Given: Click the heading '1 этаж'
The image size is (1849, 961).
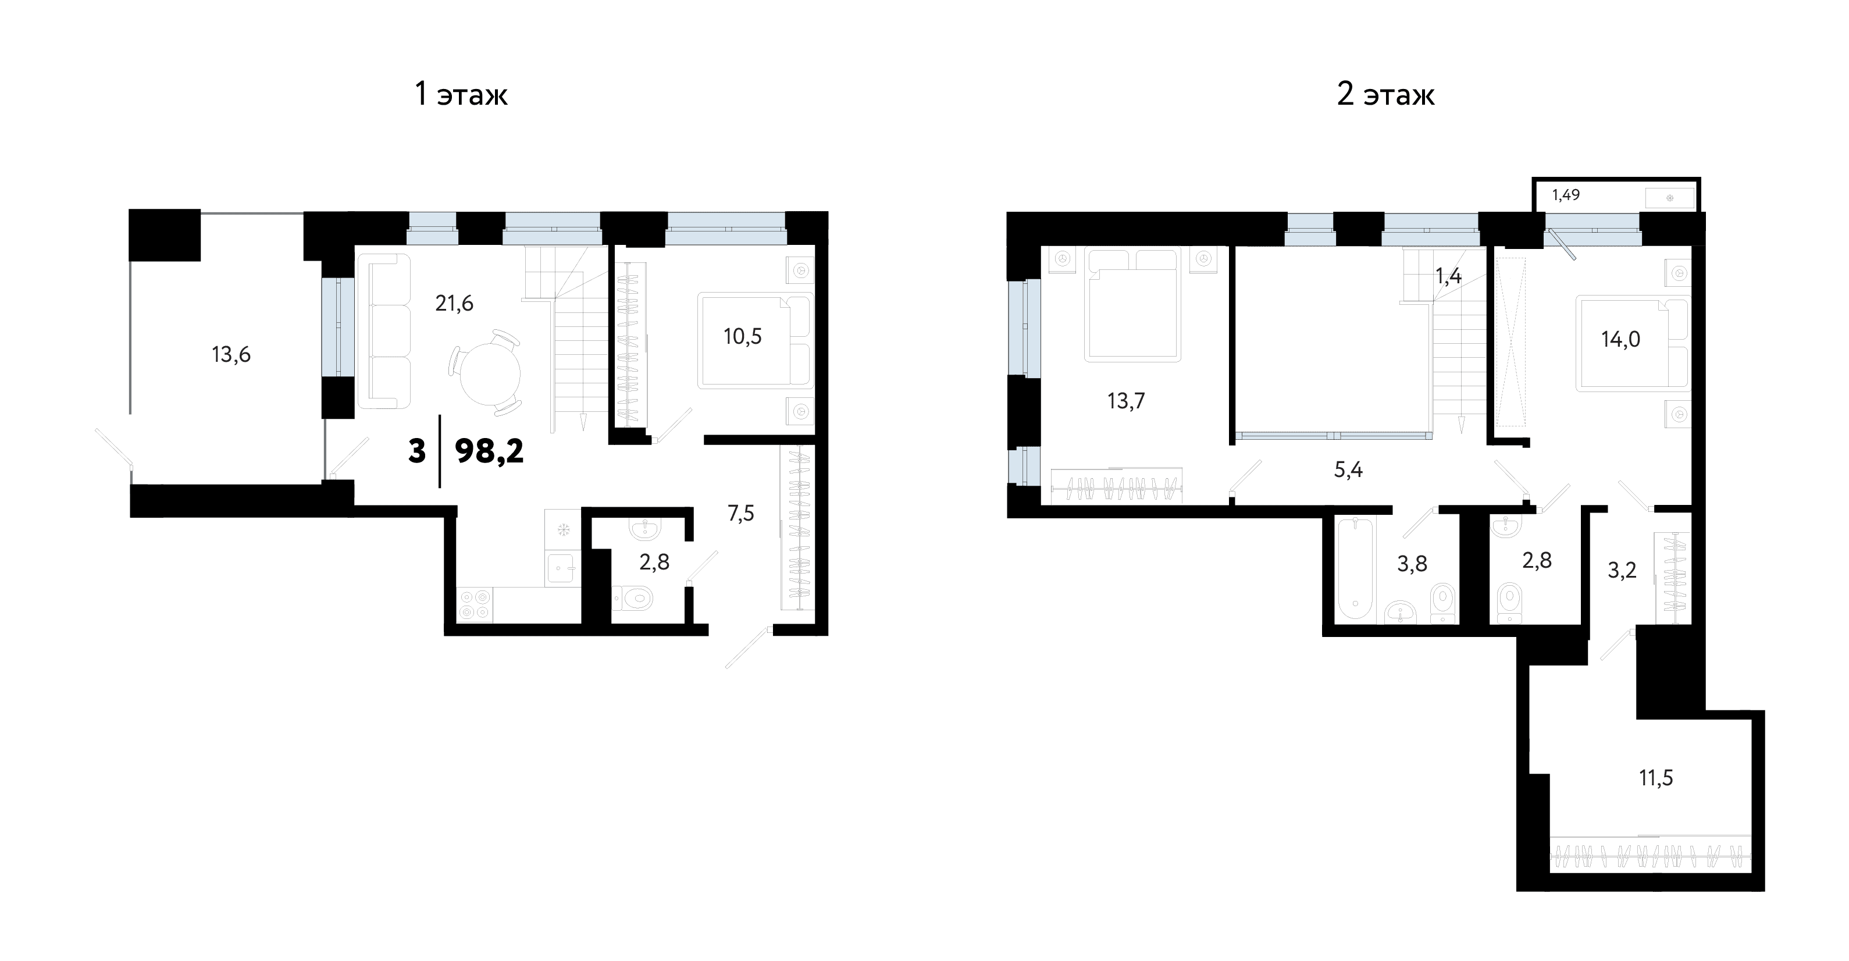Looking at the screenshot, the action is [x=462, y=95].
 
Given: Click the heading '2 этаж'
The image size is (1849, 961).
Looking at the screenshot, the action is [x=1385, y=95].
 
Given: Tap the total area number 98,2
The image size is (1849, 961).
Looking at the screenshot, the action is [x=490, y=451].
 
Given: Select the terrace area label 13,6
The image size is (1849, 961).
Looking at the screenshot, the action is [x=231, y=354].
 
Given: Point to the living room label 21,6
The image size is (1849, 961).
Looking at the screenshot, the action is [x=454, y=304].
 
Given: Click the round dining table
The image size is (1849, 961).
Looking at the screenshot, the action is [x=490, y=373].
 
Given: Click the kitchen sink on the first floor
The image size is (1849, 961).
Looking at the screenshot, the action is [x=562, y=569].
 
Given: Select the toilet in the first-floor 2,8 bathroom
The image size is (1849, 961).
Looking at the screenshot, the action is [x=632, y=597].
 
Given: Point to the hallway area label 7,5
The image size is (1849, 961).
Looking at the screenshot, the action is [x=741, y=513].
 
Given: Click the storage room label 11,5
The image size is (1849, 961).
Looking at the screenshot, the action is [x=1656, y=778].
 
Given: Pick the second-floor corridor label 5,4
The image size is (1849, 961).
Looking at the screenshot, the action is [x=1348, y=470].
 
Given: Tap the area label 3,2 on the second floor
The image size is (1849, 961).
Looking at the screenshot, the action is [x=1622, y=570].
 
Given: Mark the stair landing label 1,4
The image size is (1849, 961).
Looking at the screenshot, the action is [x=1448, y=276].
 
